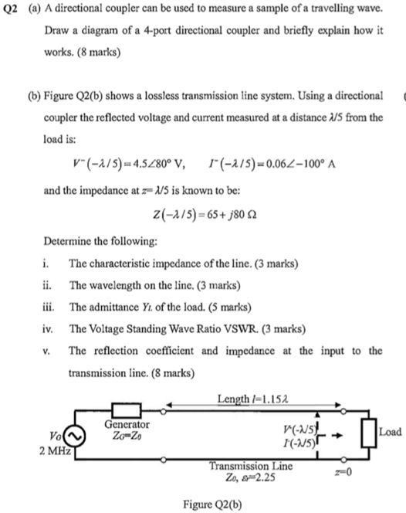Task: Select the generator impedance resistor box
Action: tap(125, 409)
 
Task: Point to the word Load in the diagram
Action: tap(393, 432)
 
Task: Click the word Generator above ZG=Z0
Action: tap(127, 425)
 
